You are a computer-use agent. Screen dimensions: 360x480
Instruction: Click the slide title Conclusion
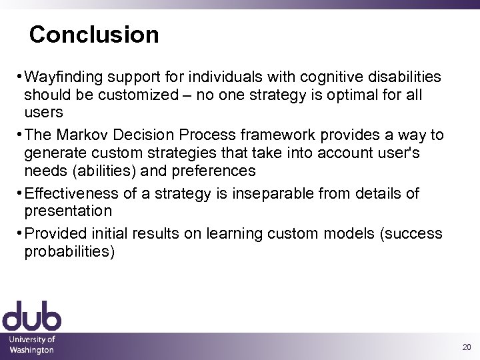tap(94, 35)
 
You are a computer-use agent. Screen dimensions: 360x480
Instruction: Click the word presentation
tap(68, 211)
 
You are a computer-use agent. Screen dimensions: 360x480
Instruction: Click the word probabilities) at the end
tap(69, 251)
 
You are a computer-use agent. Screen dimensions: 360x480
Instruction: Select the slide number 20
tap(465, 347)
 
